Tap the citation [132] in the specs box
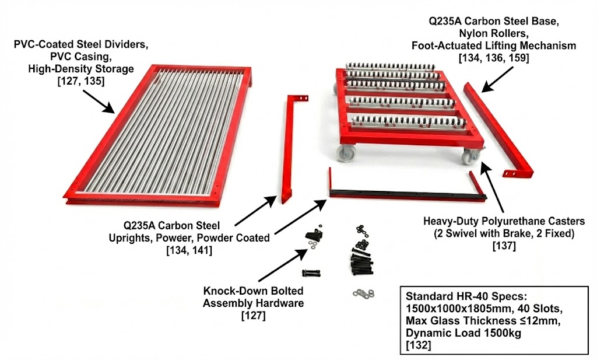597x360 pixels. click(x=419, y=345)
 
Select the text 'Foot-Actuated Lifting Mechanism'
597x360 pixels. click(x=493, y=45)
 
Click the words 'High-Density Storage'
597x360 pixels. click(x=81, y=69)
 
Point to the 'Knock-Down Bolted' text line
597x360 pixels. click(x=254, y=291)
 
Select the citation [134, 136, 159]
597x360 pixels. click(x=493, y=57)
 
